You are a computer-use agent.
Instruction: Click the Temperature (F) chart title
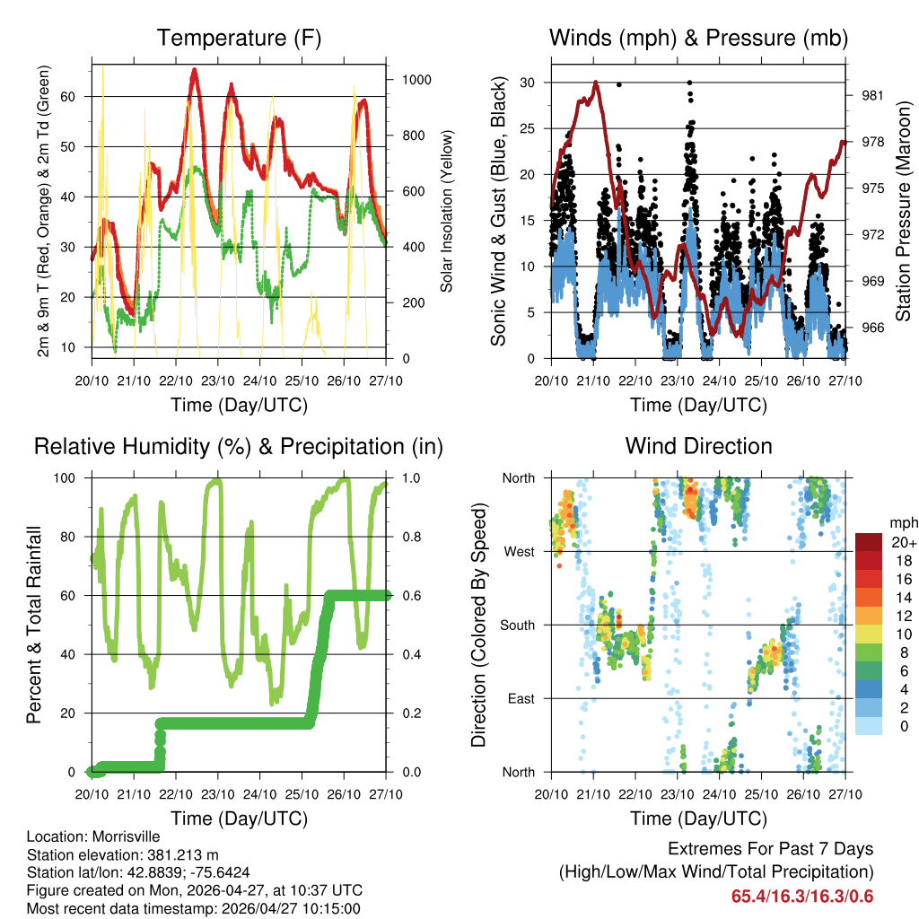(239, 39)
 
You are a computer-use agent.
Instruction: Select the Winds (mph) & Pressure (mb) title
(698, 39)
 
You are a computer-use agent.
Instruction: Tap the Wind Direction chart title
(698, 446)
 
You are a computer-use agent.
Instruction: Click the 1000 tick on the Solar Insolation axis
(416, 79)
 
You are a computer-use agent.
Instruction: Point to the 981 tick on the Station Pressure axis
(874, 95)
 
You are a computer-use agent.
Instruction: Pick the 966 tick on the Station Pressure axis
(874, 327)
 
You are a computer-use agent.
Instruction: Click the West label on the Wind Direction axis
(519, 551)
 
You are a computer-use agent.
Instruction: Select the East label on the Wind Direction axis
(521, 698)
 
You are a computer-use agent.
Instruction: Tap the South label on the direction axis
(517, 625)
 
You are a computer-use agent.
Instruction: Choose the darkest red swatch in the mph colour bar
(868, 542)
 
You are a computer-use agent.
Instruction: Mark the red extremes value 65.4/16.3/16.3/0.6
(802, 896)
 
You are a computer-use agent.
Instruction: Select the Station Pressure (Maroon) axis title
(903, 211)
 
